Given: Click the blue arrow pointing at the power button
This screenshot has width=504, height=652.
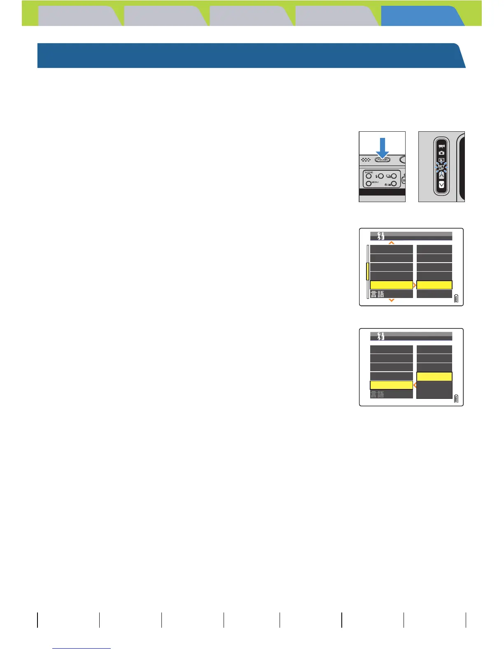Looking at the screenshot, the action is point(383,148).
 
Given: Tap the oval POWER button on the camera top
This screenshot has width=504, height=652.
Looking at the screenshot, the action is point(383,160).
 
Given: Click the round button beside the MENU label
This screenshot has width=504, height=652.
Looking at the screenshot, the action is point(369,184).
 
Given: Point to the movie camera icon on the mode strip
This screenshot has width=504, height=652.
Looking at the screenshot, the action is point(441,146).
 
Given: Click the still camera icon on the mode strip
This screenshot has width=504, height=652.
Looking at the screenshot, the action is point(441,153).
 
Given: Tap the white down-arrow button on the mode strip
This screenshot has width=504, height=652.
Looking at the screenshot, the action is point(441,185).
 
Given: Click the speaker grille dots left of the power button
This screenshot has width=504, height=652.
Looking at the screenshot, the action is point(366,160).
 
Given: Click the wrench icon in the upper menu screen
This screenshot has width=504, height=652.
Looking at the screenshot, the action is point(381,236).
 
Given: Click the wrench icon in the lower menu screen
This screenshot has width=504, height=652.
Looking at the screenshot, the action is point(381,336).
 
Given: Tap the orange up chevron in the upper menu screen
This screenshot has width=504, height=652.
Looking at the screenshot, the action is point(392,243).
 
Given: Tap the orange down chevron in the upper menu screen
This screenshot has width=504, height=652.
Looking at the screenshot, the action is point(392,300).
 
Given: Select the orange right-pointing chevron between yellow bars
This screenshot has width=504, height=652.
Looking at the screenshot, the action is point(415,285).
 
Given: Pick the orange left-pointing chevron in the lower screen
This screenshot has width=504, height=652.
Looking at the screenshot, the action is point(415,385).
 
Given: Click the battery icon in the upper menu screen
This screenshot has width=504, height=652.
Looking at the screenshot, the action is point(456,298).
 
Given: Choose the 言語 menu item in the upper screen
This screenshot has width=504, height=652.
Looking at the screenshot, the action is point(378,294).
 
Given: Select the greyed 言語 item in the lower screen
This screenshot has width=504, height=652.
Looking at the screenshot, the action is point(378,394).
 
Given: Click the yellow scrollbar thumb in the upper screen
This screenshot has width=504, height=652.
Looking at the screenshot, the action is point(368,271).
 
